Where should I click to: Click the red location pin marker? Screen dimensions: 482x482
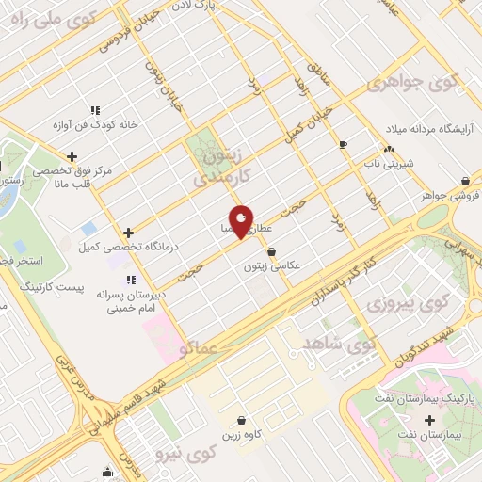coord(241,221)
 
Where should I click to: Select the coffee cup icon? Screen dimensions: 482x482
coord(343,144)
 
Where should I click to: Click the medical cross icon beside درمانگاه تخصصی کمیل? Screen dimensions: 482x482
coord(129,232)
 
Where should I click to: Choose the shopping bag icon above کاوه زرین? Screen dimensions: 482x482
coord(243,420)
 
